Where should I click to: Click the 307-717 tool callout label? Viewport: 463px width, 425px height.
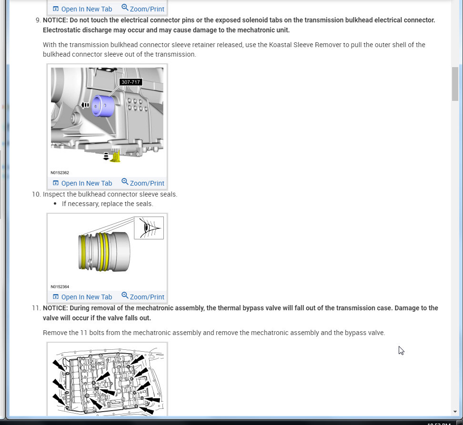(x=131, y=82)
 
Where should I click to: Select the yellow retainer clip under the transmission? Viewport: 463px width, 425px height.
(x=115, y=155)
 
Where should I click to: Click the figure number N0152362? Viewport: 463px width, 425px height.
(x=60, y=173)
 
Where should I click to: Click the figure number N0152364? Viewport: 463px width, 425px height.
(x=60, y=287)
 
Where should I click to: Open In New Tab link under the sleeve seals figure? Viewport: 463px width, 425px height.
(x=82, y=297)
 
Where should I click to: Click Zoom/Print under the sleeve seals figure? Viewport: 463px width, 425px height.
(x=143, y=297)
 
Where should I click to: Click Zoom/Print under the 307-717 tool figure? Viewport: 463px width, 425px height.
(x=143, y=183)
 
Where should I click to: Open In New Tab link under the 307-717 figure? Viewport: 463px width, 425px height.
(x=82, y=183)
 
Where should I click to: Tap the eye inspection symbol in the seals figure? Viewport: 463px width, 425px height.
(x=149, y=228)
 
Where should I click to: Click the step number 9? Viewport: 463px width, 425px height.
(x=38, y=20)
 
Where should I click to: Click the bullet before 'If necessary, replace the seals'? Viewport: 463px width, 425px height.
(x=56, y=204)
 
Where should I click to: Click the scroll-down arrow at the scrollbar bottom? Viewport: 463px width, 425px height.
(x=455, y=412)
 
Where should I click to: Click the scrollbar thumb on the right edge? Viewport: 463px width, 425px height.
(x=455, y=83)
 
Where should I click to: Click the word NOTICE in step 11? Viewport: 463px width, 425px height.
(x=55, y=308)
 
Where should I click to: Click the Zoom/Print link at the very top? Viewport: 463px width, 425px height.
(x=143, y=9)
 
